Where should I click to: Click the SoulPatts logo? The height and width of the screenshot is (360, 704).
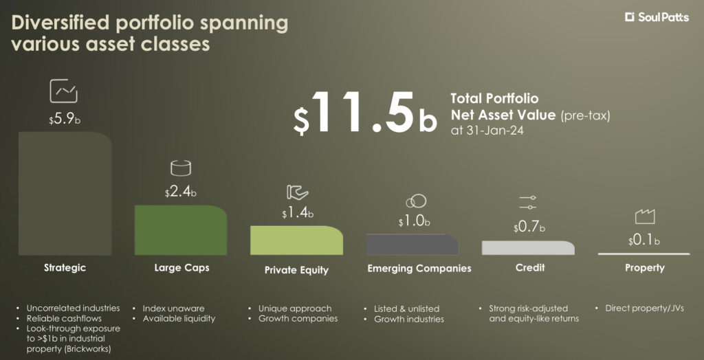pyautogui.click(x=657, y=17)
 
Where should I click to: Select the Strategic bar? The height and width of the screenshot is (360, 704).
pyautogui.click(x=65, y=194)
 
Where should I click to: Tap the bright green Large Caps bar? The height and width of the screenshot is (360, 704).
pyautogui.click(x=181, y=230)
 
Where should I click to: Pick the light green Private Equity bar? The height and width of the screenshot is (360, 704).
pyautogui.click(x=297, y=240)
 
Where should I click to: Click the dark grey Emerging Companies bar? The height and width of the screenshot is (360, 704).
pyautogui.click(x=412, y=245)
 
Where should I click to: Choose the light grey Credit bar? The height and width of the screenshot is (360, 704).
pyautogui.click(x=528, y=248)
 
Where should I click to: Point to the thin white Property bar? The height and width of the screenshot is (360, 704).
pyautogui.click(x=643, y=254)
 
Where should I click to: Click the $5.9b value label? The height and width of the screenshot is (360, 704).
pyautogui.click(x=65, y=120)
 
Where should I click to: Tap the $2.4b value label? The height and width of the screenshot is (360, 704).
pyautogui.click(x=181, y=193)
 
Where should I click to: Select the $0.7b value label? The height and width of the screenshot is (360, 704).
pyautogui.click(x=529, y=227)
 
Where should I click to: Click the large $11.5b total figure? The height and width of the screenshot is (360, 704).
pyautogui.click(x=364, y=113)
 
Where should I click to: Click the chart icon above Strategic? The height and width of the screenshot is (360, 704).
pyautogui.click(x=63, y=91)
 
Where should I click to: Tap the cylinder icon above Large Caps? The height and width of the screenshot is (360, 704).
pyautogui.click(x=181, y=168)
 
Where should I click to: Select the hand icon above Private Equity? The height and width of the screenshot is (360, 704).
pyautogui.click(x=297, y=192)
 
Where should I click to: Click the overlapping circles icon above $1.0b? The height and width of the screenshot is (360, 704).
pyautogui.click(x=416, y=201)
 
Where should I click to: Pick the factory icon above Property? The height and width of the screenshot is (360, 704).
pyautogui.click(x=645, y=217)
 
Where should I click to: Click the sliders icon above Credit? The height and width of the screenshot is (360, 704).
pyautogui.click(x=527, y=202)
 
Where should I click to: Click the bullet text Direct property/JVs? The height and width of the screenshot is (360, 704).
pyautogui.click(x=644, y=308)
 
